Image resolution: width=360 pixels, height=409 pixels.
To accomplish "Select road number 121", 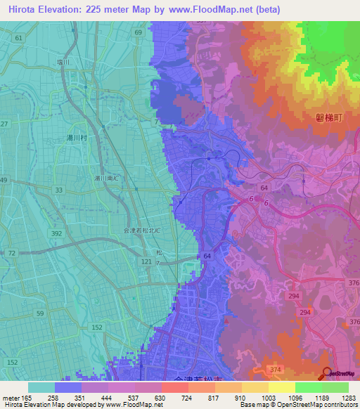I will click(x=146, y=261).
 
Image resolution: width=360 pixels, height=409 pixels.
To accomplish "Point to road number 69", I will click(x=139, y=32).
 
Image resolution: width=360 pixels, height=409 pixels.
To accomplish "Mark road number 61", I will click(x=18, y=37).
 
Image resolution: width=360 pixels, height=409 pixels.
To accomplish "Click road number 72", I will click(x=12, y=252).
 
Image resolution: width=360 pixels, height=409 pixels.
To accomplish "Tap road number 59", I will click(x=40, y=313).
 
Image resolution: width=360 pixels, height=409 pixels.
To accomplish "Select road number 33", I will click(x=58, y=190).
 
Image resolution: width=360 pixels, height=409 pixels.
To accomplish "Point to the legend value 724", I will click(x=167, y=398).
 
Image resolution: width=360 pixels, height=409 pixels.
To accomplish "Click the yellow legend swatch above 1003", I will click(x=255, y=387).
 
